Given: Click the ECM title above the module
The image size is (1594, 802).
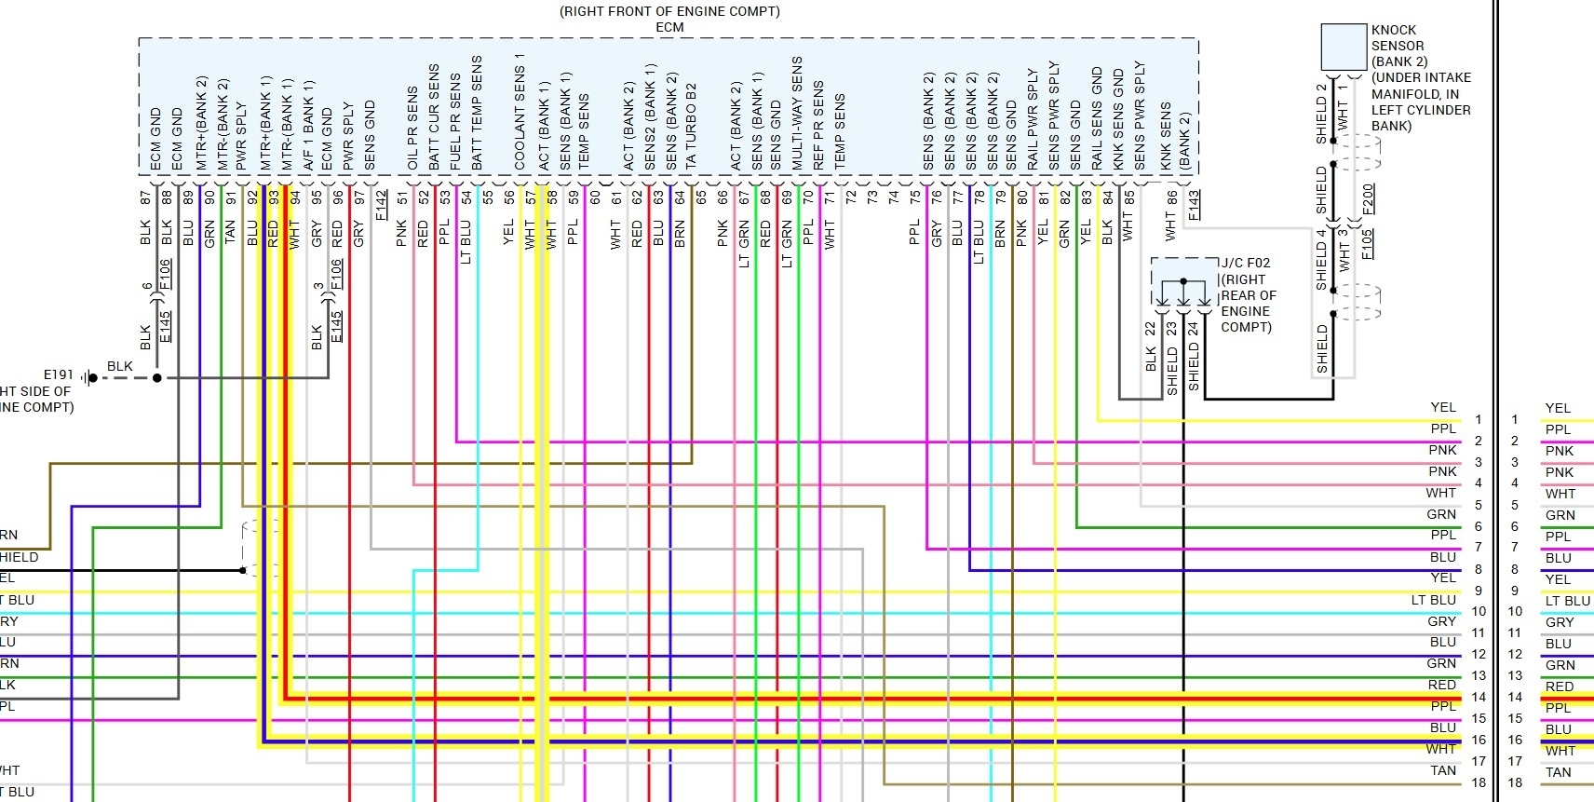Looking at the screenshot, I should tap(669, 27).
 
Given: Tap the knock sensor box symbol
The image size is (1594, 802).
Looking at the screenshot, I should tap(1343, 48).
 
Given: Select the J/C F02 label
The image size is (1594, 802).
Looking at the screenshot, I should tap(1245, 264).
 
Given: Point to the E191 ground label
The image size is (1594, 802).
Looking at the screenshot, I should tap(58, 374).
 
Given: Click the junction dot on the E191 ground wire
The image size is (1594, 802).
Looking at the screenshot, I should tap(157, 378).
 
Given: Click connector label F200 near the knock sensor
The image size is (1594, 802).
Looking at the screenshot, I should tap(1368, 198).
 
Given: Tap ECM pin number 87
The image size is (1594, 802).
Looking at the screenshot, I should tap(145, 198).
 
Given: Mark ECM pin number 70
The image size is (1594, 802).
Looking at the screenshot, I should tap(808, 198).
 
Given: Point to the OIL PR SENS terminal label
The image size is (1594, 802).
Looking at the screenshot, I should tap(412, 129).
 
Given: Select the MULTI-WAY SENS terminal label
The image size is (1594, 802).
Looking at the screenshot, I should tap(797, 114).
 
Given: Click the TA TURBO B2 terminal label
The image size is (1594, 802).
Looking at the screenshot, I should tap(691, 126).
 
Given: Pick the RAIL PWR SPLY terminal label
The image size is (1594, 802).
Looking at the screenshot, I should tap(1033, 118).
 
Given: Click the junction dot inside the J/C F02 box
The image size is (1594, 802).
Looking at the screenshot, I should tap(1183, 280).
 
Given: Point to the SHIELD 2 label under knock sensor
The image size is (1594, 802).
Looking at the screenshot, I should tap(1321, 114).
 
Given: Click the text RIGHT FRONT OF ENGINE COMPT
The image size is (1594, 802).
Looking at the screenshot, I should tap(669, 11).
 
